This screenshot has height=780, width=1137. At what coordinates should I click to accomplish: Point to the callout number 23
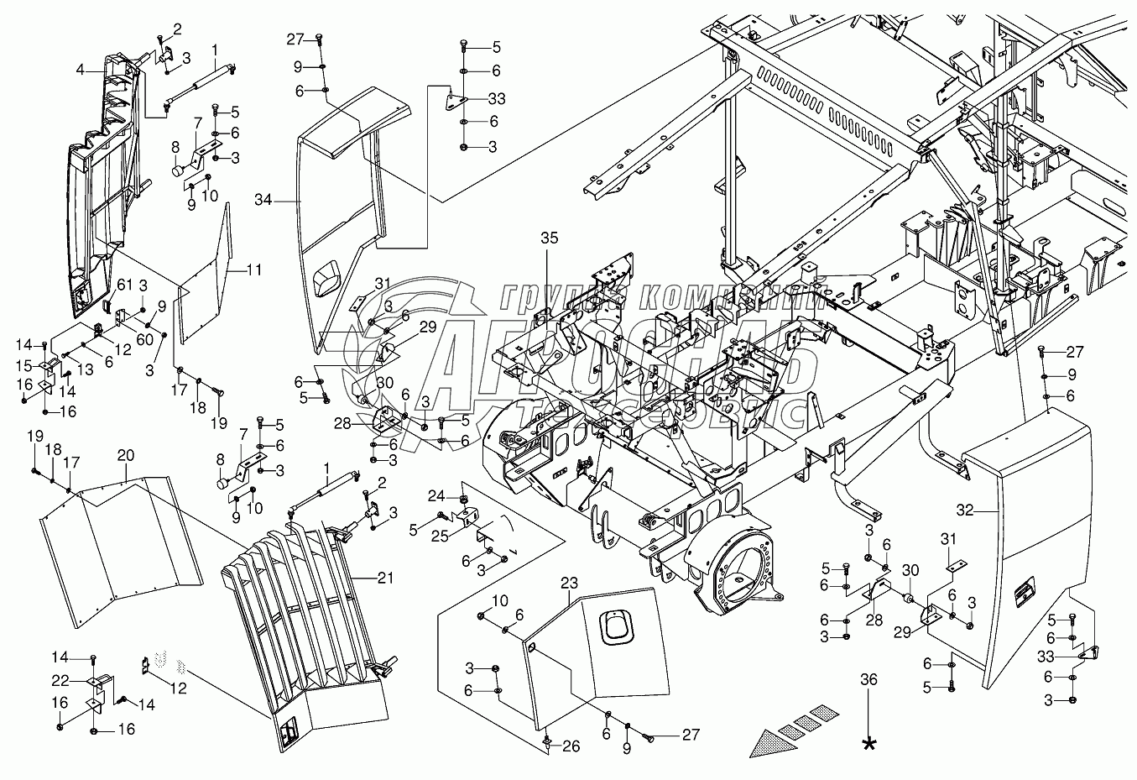click(571, 581)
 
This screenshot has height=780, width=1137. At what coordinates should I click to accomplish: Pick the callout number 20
click(125, 455)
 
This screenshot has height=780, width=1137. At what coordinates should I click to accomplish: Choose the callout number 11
click(253, 270)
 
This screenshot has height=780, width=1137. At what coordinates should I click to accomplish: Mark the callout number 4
click(80, 71)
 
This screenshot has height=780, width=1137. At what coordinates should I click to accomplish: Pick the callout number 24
click(437, 494)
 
